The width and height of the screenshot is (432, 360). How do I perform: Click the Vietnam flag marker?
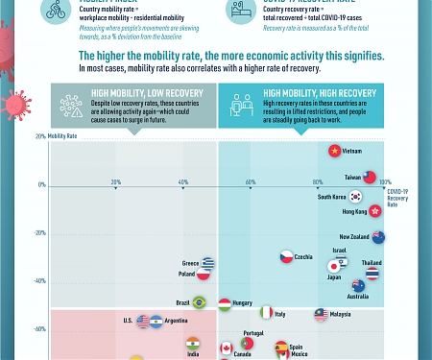click(x=334, y=151)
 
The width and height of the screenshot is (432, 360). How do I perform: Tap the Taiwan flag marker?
click(x=370, y=178)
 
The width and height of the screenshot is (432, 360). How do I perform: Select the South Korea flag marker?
click(x=356, y=196)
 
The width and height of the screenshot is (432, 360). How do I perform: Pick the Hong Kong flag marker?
click(x=375, y=210)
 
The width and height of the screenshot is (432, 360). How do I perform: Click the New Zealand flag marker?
click(x=378, y=237)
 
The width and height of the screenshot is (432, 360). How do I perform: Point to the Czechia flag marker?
click(x=286, y=256)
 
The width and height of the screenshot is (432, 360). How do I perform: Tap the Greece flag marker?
click(x=207, y=263)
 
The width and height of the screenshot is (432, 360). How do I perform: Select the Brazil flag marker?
click(x=199, y=302)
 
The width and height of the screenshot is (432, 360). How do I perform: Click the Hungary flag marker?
click(x=225, y=303)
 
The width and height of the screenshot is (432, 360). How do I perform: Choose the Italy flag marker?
click(x=267, y=313)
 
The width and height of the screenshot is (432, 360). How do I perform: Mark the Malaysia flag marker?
click(x=321, y=314)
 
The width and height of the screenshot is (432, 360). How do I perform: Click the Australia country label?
click(x=357, y=296)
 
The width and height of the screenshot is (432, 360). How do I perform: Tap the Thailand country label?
click(x=371, y=263)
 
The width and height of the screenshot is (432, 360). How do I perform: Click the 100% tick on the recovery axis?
click(x=385, y=182)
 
